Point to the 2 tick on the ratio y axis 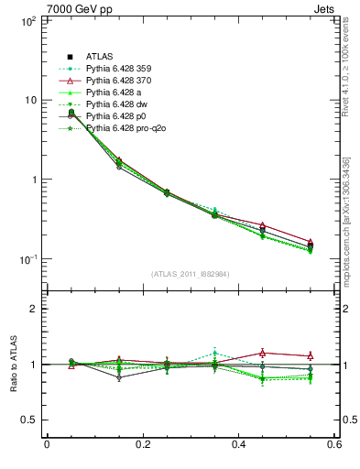tap(33, 310)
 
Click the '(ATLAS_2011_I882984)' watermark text tap(190, 274)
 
